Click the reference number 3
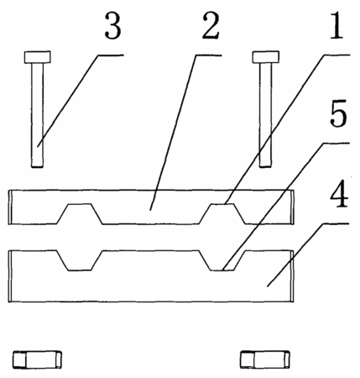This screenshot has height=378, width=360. click(113, 26)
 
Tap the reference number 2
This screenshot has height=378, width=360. click(211, 26)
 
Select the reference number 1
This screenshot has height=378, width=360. click(337, 25)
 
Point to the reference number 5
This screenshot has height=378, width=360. click(338, 113)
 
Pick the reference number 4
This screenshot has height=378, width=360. click(339, 193)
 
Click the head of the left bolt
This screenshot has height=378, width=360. click(38, 57)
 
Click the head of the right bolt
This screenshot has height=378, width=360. click(265, 57)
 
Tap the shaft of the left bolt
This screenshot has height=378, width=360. click(37, 115)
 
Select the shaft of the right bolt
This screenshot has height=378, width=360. click(265, 115)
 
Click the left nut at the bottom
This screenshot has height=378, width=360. click(37, 360)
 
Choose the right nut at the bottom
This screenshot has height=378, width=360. click(265, 360)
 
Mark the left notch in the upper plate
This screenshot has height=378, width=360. click(80, 213)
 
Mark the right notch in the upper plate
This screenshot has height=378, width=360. click(222, 213)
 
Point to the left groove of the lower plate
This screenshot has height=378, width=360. click(80, 260)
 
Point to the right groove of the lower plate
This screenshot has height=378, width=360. click(222, 260)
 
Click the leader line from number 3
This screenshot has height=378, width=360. click(81, 101)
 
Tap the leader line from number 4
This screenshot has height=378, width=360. click(308, 255)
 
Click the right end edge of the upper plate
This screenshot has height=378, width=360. click(292, 207)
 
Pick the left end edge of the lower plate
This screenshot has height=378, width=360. click(10, 276)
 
